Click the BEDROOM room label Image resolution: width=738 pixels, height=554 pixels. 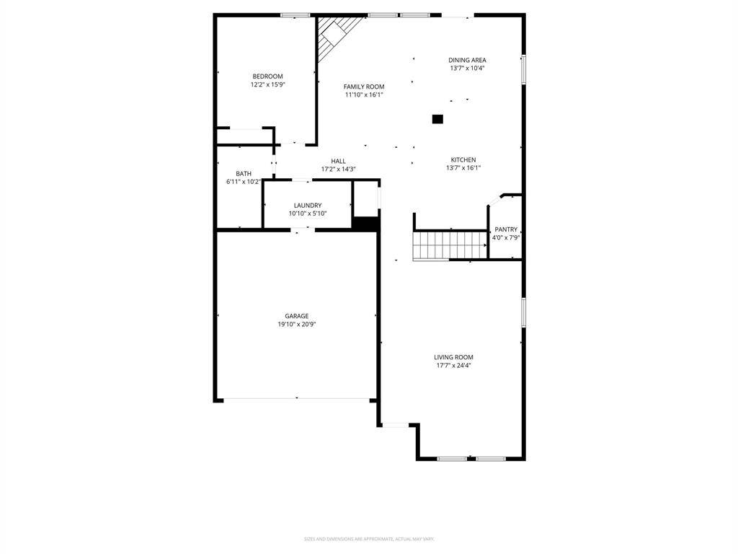[267, 76]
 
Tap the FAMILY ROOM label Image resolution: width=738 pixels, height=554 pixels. [364, 87]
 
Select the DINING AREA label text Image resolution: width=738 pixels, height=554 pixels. [467, 61]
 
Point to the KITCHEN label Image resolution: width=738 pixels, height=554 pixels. [463, 160]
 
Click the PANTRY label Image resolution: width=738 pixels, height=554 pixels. [506, 229]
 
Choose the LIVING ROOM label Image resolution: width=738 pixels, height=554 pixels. [453, 357]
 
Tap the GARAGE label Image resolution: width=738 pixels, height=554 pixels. [296, 316]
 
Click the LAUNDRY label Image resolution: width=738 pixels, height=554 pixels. [308, 206]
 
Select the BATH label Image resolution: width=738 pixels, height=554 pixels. [244, 174]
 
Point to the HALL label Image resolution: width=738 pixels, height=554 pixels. [339, 161]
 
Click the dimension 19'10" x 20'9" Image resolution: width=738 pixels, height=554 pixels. [297, 325]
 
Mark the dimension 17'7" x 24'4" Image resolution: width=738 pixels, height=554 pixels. [453, 366]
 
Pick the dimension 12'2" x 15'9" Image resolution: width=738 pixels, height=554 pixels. [268, 85]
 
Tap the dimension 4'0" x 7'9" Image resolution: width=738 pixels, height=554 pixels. [506, 237]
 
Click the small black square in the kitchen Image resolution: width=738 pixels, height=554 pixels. [437, 119]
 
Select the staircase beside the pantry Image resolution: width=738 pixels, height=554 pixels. [450, 245]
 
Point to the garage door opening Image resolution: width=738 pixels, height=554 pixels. [297, 398]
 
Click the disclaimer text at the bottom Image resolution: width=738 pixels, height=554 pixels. [369, 539]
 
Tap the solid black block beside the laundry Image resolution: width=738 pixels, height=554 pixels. [365, 224]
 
